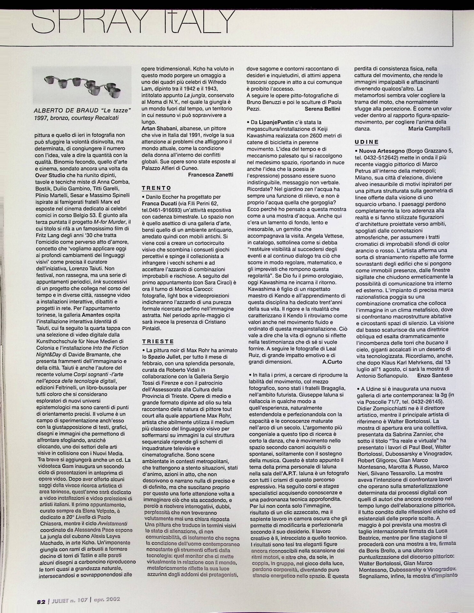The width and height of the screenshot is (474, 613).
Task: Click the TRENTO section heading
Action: [x=157, y=188]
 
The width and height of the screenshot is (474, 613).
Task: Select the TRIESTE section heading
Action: [x=158, y=341]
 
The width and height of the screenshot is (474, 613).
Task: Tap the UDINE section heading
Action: [x=367, y=142]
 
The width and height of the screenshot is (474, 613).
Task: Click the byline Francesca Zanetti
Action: [x=210, y=175]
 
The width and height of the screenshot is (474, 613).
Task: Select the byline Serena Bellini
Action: [x=322, y=109]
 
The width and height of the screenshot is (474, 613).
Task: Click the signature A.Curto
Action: [x=332, y=362]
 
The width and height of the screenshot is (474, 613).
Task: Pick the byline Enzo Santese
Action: [x=435, y=375]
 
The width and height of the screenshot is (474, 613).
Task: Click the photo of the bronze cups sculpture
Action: [x=83, y=85]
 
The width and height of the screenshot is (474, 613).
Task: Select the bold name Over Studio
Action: [x=50, y=175]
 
